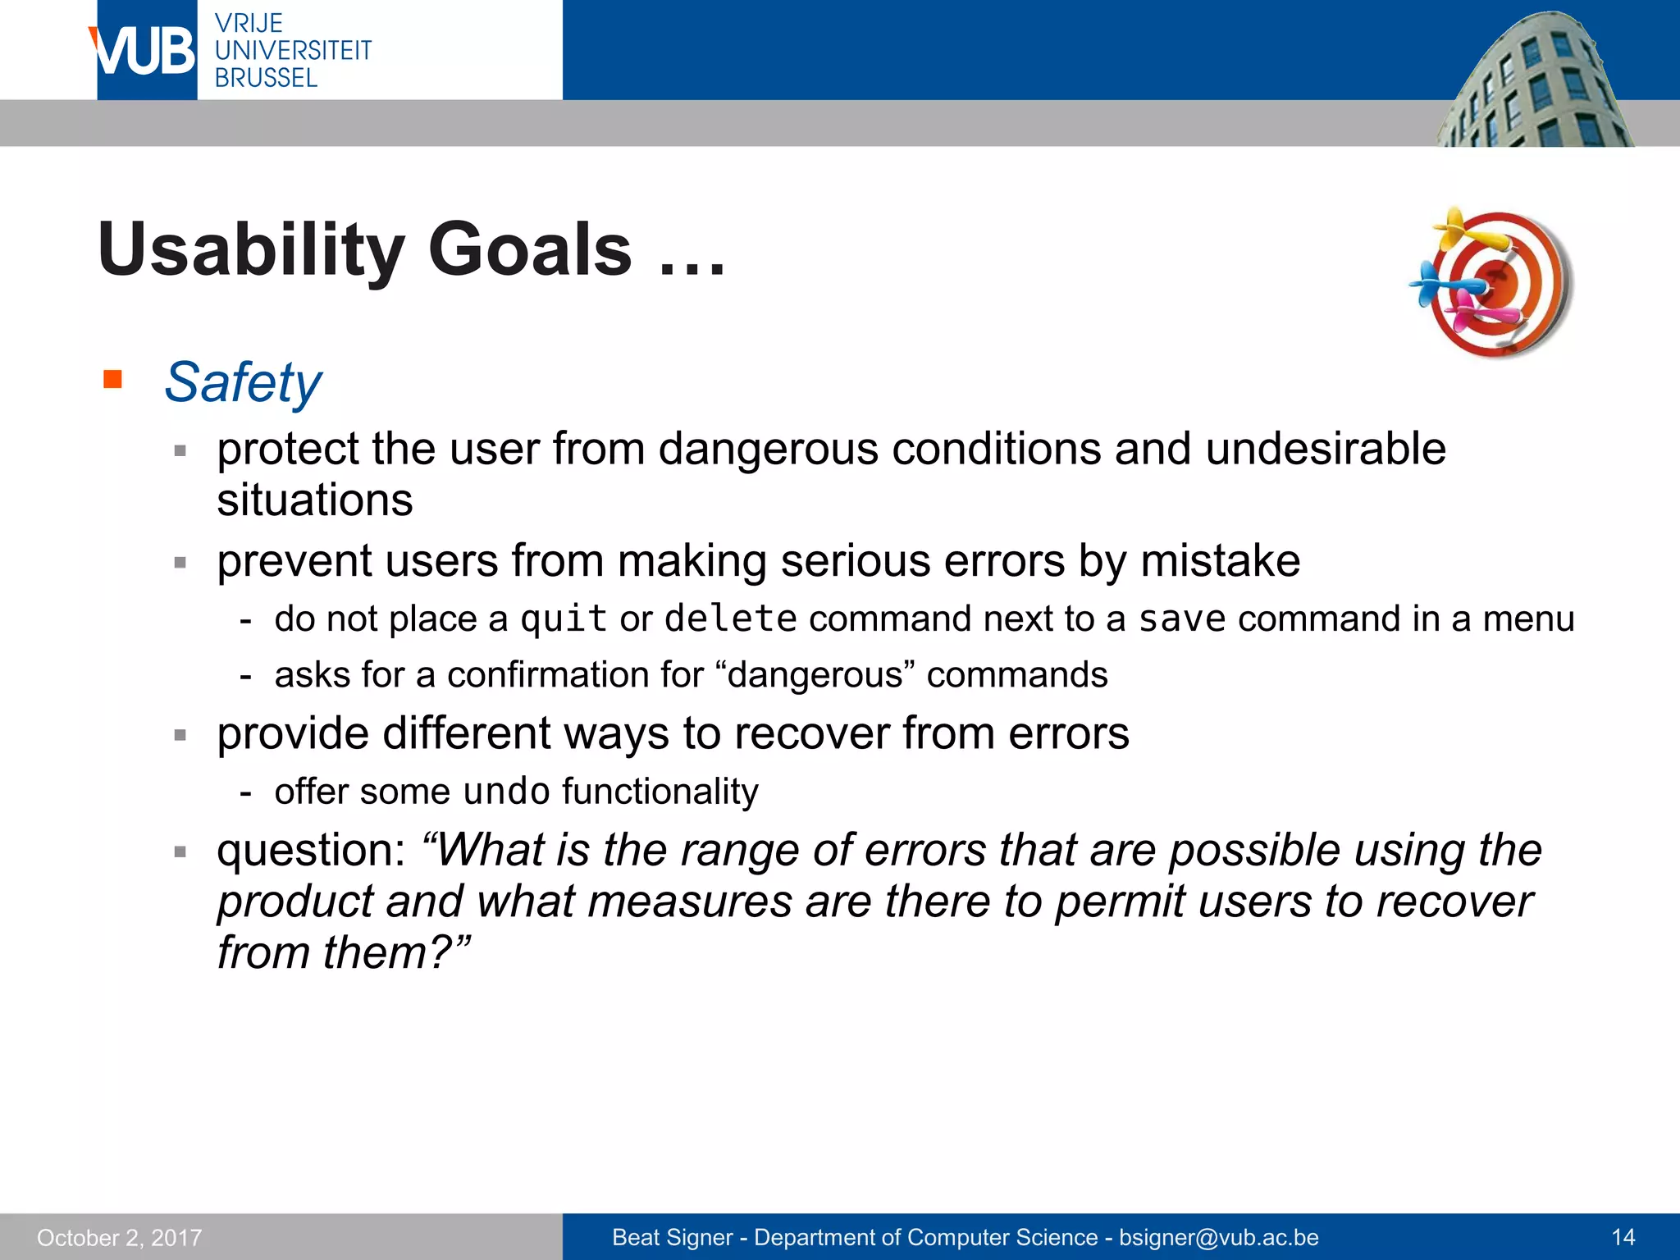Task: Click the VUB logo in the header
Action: [x=145, y=51]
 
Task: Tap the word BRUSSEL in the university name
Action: [x=266, y=78]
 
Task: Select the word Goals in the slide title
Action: [x=530, y=249]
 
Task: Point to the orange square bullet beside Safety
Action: [x=112, y=379]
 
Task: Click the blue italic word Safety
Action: [x=243, y=382]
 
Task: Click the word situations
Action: [x=314, y=500]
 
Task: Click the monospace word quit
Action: [x=564, y=619]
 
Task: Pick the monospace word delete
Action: [x=730, y=619]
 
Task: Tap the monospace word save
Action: [x=1181, y=619]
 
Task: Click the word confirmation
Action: [x=575, y=675]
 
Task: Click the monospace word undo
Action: [x=506, y=792]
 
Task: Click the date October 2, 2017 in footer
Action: [x=120, y=1237]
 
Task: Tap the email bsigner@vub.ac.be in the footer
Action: [x=1219, y=1237]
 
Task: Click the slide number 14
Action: [x=1623, y=1237]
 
